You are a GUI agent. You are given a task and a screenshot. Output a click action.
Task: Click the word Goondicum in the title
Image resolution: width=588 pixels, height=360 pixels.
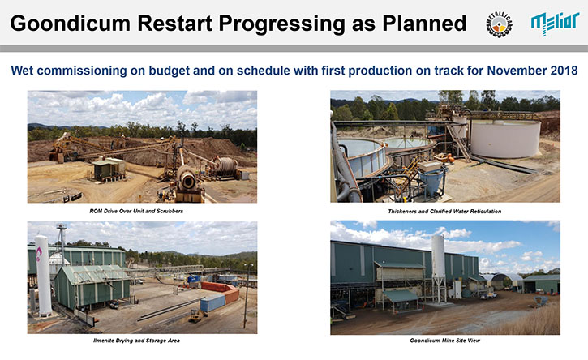[x=70, y=24]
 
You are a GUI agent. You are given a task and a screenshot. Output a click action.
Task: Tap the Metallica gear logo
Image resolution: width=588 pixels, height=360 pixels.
[x=499, y=24]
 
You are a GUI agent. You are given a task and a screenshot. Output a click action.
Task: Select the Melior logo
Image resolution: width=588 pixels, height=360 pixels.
[x=555, y=24]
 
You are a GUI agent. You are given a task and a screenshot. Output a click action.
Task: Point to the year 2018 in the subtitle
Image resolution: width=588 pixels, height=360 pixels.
[x=564, y=71]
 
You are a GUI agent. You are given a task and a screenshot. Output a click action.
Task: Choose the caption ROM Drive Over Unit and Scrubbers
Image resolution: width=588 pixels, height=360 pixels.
[x=136, y=211]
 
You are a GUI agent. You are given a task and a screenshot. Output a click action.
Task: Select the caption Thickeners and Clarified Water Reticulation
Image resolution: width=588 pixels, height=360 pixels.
[x=444, y=211]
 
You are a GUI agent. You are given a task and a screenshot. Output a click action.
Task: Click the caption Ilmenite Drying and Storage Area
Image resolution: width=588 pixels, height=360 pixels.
[x=136, y=341]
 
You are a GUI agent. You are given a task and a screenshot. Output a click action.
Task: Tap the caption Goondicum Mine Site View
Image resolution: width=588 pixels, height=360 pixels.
[x=444, y=341]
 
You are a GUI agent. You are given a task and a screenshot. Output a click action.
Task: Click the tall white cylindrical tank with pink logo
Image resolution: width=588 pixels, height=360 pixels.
[x=43, y=276]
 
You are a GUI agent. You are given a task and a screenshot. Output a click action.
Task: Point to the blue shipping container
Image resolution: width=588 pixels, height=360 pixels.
[x=212, y=303]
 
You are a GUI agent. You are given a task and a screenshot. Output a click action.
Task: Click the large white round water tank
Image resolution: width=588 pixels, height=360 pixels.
[x=504, y=138]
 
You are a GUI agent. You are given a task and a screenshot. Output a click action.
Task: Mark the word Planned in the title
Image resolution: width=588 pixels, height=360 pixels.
[x=424, y=24]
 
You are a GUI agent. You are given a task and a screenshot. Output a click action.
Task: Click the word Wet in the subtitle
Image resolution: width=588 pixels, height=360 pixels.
[x=22, y=71]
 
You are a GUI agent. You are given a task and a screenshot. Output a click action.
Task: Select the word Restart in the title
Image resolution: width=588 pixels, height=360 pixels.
[x=174, y=24]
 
